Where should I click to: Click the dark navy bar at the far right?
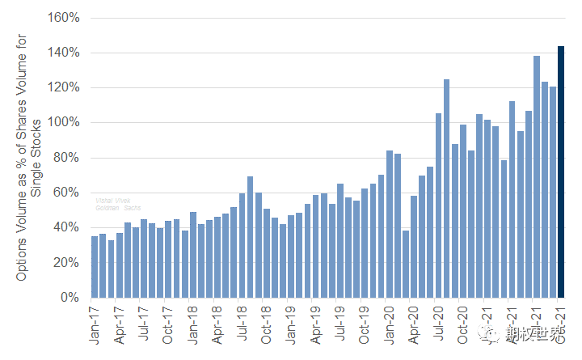561,172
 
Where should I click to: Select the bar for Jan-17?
95,267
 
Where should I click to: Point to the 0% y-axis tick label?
68,298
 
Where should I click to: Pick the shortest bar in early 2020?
406,264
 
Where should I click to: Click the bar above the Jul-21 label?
537,176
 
